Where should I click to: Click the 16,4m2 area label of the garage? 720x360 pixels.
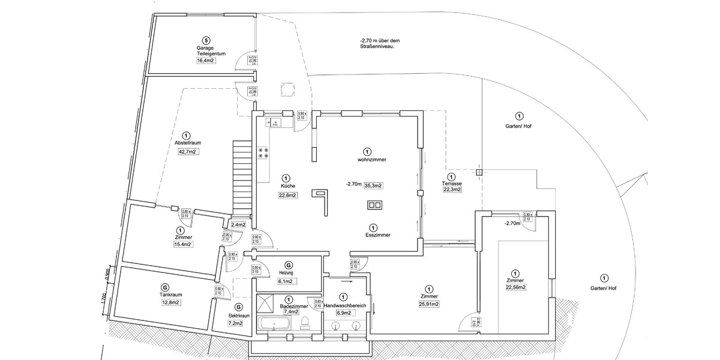coord(206,61)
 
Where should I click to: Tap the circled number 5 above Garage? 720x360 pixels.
coord(206,40)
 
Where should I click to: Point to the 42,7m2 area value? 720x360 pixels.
coord(188,152)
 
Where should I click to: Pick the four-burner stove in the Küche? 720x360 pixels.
coord(263,153)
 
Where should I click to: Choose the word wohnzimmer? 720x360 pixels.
coord(371,160)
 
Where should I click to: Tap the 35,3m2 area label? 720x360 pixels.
coord(373,185)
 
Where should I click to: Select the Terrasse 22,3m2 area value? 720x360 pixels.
coord(452,190)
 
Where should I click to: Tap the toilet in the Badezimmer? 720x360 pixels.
coord(305,322)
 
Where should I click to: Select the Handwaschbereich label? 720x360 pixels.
coord(344,305)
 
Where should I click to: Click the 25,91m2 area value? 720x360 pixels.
coord(428,304)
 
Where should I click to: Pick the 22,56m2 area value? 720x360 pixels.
coord(515,287)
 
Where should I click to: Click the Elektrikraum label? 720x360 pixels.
coord(239,315)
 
